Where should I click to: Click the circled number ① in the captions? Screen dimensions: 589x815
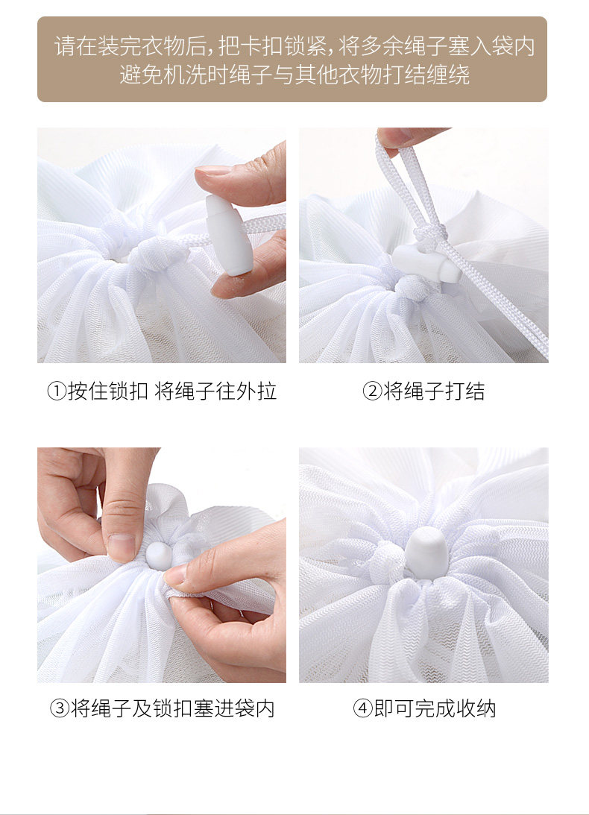[x=57, y=391]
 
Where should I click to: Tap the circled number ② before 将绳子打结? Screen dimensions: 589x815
[x=372, y=391]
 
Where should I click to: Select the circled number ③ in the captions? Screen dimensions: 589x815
[x=59, y=708]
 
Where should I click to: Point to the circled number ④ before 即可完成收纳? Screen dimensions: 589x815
[x=363, y=708]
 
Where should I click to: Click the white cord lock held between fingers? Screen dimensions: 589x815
[x=229, y=235]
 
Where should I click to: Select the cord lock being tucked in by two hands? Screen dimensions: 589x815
[x=158, y=555]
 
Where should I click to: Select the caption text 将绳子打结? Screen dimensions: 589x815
[x=434, y=391]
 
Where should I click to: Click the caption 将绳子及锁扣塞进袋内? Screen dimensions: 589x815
[x=172, y=708]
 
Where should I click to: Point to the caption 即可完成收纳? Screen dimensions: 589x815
[x=435, y=708]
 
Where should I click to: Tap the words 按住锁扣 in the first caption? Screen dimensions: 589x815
[x=108, y=391]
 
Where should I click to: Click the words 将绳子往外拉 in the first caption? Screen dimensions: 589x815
[x=215, y=391]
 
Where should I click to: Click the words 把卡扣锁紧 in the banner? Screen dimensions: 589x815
[x=272, y=46]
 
